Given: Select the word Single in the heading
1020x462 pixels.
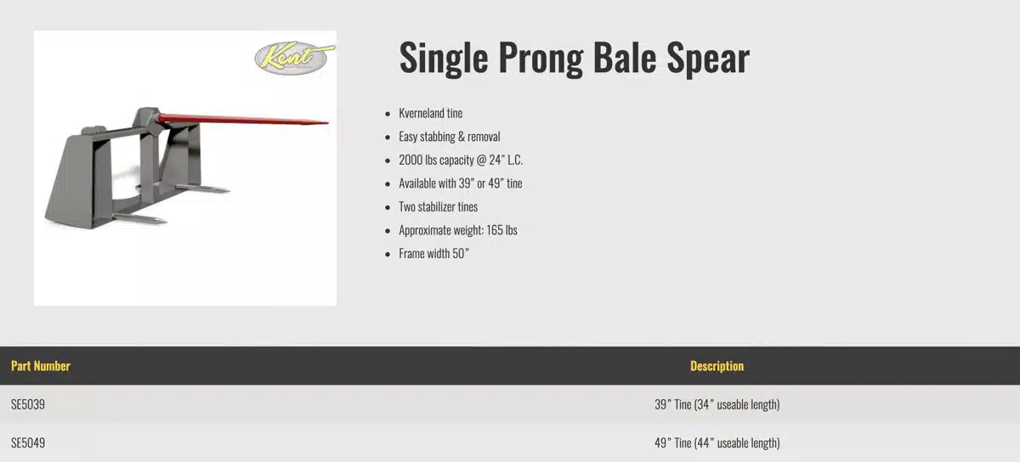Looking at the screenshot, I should pyautogui.click(x=443, y=58).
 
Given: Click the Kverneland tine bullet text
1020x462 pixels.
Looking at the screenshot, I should pyautogui.click(x=430, y=113).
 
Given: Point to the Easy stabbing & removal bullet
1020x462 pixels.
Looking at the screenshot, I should pyautogui.click(x=449, y=137).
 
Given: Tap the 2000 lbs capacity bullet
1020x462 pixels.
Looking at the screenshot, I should pyautogui.click(x=460, y=160).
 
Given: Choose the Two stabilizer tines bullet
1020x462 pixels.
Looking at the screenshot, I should pyautogui.click(x=438, y=206).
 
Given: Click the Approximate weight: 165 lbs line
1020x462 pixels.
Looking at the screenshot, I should pyautogui.click(x=457, y=230).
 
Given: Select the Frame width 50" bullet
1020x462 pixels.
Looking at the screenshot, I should pyautogui.click(x=433, y=253).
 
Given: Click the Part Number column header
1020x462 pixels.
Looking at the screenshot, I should pyautogui.click(x=40, y=366).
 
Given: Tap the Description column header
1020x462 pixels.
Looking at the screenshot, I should pyautogui.click(x=717, y=366).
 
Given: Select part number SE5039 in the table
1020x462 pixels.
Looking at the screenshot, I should pyautogui.click(x=28, y=404).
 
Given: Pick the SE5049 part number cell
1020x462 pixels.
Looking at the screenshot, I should pyautogui.click(x=28, y=442).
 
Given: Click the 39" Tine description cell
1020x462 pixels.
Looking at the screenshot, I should pyautogui.click(x=717, y=404).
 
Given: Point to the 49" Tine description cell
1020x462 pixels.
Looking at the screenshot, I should pyautogui.click(x=717, y=442).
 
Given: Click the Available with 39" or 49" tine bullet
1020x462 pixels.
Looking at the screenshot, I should pyautogui.click(x=460, y=183).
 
